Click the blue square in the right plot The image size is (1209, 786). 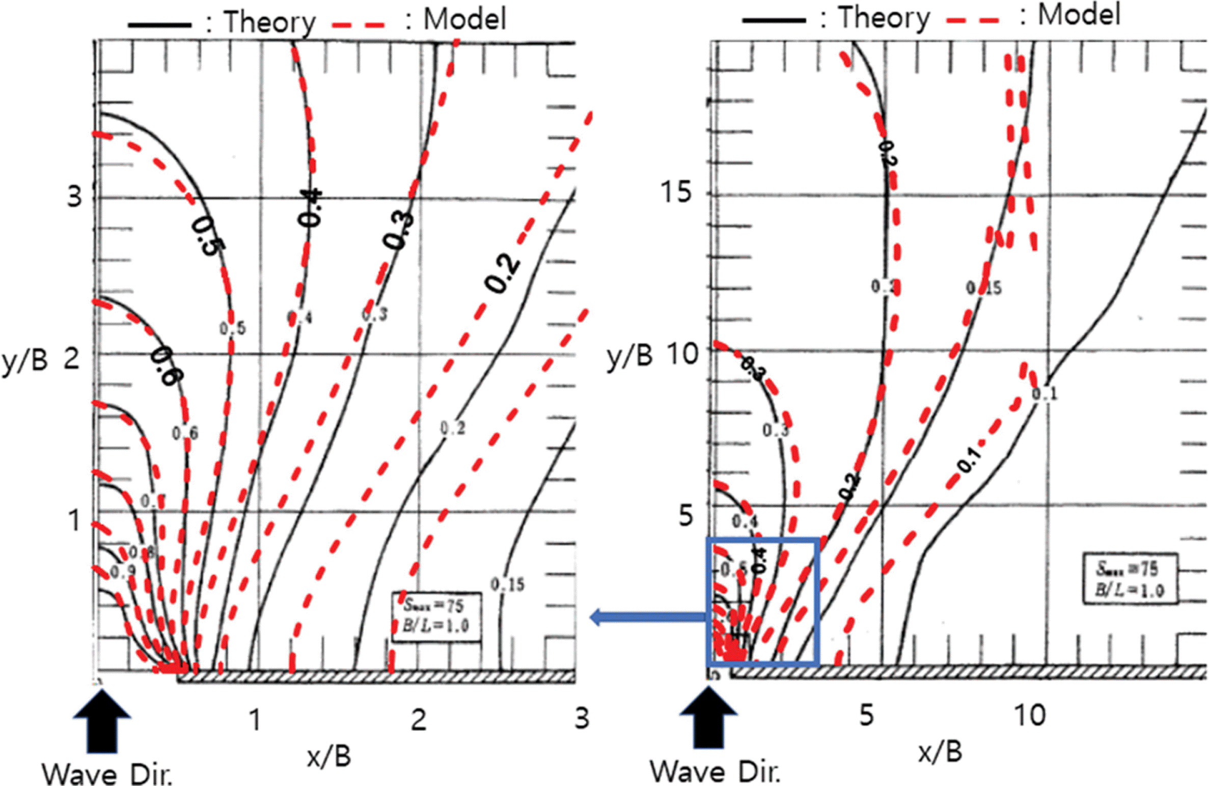pyautogui.click(x=762, y=601)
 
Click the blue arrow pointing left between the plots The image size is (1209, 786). pyautogui.click(x=647, y=617)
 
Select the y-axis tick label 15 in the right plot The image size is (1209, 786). pyautogui.click(x=676, y=193)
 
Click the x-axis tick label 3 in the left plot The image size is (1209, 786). pyautogui.click(x=582, y=718)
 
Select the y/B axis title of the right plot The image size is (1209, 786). pyautogui.click(x=629, y=356)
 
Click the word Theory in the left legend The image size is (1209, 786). pyautogui.click(x=270, y=22)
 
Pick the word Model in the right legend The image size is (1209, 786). pyautogui.click(x=1079, y=15)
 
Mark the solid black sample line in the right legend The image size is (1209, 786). pyautogui.click(x=774, y=20)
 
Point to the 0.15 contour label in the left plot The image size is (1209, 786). pyautogui.click(x=507, y=584)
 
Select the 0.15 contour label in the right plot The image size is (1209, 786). pyautogui.click(x=984, y=288)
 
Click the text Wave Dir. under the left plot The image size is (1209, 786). pyautogui.click(x=107, y=774)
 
